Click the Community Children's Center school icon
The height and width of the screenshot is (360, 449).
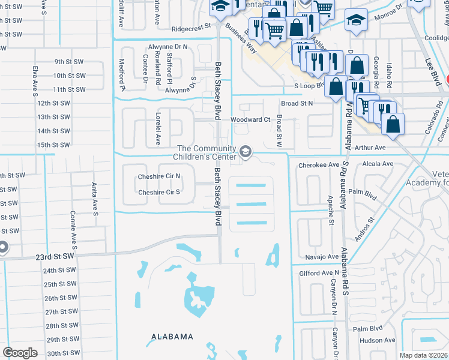point(245,153)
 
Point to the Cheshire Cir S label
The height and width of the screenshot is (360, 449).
point(160,193)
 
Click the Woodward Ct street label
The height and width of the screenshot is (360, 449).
point(251,119)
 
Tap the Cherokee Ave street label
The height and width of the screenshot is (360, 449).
point(318,163)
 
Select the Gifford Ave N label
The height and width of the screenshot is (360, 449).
point(319,273)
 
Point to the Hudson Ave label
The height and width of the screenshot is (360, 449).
point(377,340)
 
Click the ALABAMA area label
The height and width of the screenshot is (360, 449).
point(172,337)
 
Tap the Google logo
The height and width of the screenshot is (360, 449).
point(20,353)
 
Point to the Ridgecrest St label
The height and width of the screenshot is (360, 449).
point(191,27)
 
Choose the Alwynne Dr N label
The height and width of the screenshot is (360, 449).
point(168,46)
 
